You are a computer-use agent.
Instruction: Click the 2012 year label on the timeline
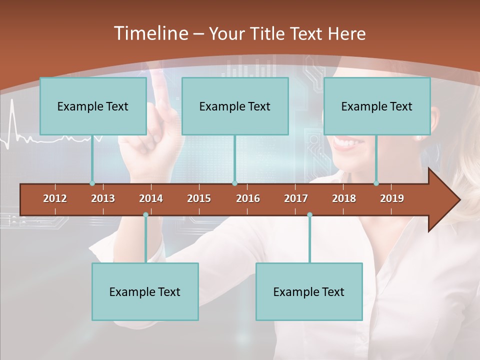tap(55, 198)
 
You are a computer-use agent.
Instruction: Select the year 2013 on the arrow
tap(103, 198)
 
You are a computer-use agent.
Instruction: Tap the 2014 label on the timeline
tap(151, 198)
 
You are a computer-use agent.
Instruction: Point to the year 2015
tap(199, 198)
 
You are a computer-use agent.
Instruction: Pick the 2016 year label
tap(248, 198)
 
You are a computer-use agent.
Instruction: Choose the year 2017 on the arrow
tap(296, 198)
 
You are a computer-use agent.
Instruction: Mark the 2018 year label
tap(344, 198)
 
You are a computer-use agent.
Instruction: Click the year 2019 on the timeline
tap(392, 198)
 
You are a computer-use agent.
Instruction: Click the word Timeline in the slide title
tap(150, 33)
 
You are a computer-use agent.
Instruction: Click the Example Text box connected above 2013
tap(93, 106)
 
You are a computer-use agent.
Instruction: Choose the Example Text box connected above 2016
tap(235, 106)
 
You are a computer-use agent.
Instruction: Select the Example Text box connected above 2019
tap(377, 106)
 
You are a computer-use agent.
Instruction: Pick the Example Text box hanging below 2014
tap(145, 291)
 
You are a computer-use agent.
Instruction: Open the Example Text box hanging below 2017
tap(309, 291)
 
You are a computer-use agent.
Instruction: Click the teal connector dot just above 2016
tap(234, 183)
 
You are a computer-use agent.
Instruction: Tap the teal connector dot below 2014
tap(145, 214)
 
